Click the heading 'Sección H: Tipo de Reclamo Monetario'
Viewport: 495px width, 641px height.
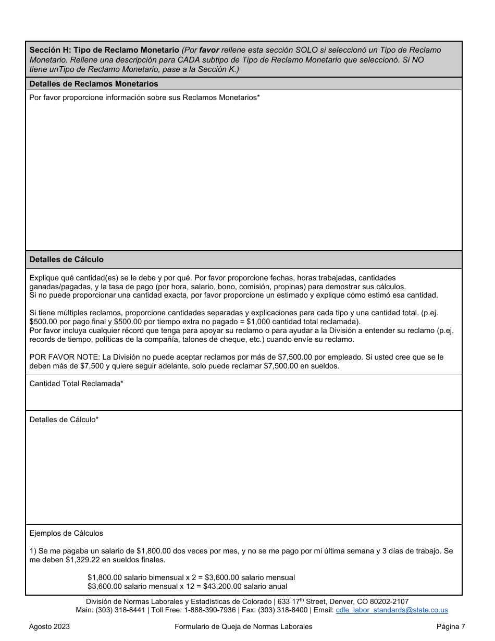coord(104,50)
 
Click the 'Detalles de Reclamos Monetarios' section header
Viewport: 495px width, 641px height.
coord(94,83)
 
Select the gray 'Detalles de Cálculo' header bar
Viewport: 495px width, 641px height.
coord(67,260)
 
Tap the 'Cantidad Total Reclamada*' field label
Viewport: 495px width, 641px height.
coord(76,384)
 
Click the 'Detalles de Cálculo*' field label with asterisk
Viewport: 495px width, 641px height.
coord(64,420)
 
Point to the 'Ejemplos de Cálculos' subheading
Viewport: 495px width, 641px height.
coord(66,533)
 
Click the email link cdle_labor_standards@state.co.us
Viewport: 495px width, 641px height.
coord(392,610)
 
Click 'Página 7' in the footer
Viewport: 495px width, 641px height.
coord(451,627)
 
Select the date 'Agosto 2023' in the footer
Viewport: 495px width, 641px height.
coord(49,627)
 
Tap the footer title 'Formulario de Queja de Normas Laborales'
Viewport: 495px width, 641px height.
coord(243,627)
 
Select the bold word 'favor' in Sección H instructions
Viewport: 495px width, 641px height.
coord(210,50)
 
